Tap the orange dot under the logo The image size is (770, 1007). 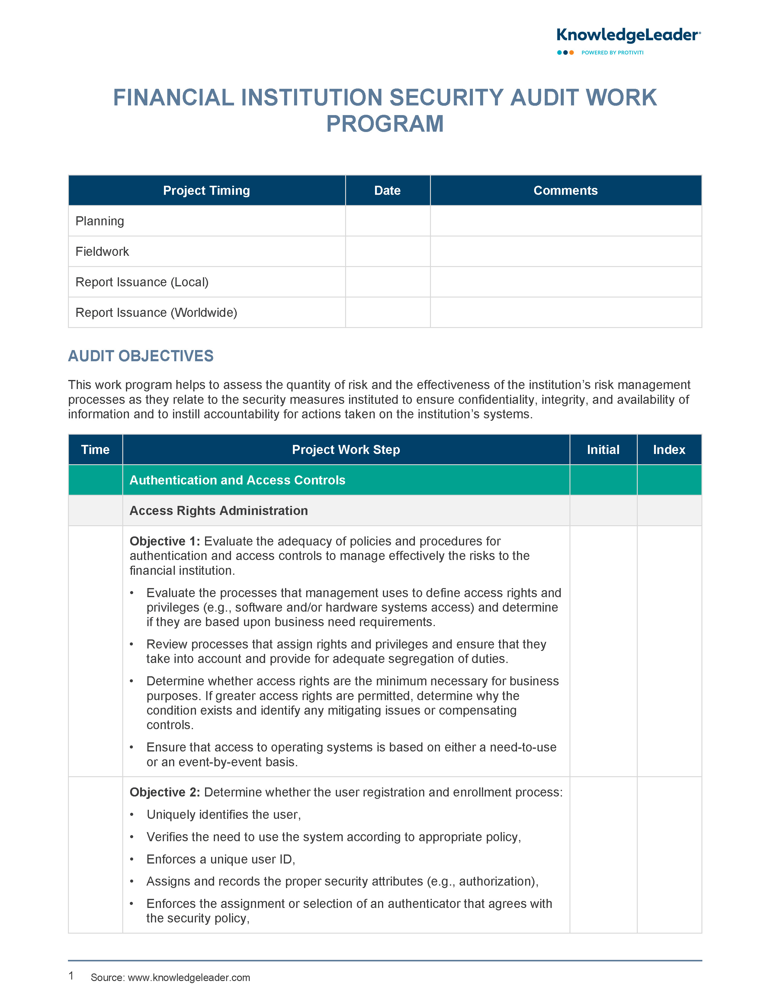[x=572, y=53]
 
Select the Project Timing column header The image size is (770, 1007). [x=206, y=191]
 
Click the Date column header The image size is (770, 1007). [x=387, y=191]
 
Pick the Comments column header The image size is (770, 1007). [x=565, y=191]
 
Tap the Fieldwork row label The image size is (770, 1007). [x=102, y=252]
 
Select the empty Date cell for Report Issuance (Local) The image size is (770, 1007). [x=387, y=282]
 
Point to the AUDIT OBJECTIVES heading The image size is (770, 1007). [x=141, y=356]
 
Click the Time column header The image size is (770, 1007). [x=95, y=450]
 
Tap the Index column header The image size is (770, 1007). [x=669, y=450]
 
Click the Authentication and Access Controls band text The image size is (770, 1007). [x=237, y=480]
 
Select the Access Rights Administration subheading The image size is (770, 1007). [x=219, y=511]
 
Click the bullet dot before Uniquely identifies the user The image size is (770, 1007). [x=132, y=815]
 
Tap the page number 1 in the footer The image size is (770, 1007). [x=71, y=976]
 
